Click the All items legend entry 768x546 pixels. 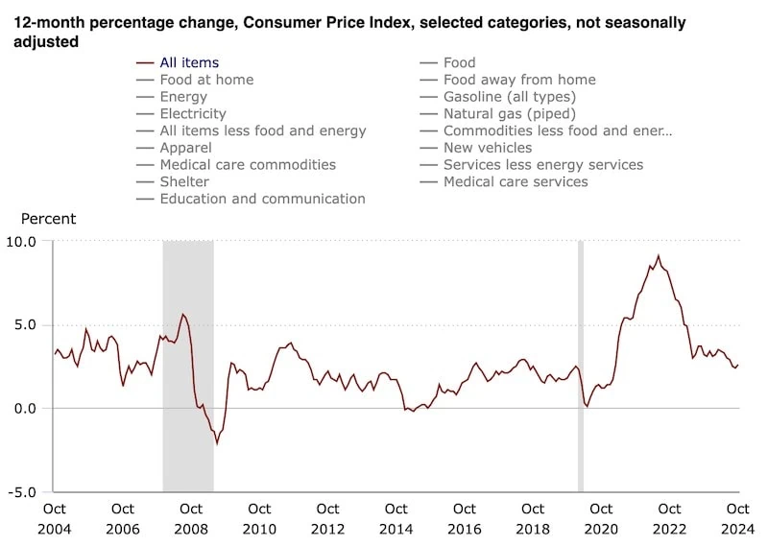189,63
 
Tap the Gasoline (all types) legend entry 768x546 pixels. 509,97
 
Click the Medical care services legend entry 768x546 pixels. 516,181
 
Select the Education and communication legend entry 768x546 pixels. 262,199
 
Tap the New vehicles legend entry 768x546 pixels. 487,148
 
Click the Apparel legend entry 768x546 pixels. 185,148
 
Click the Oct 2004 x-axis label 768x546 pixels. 54,517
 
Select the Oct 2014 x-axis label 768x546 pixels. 396,517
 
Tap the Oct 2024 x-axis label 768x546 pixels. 737,517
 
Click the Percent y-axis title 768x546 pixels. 48,219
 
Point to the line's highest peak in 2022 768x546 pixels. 658,256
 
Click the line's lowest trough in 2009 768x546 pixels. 218,443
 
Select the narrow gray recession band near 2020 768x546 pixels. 580,365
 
